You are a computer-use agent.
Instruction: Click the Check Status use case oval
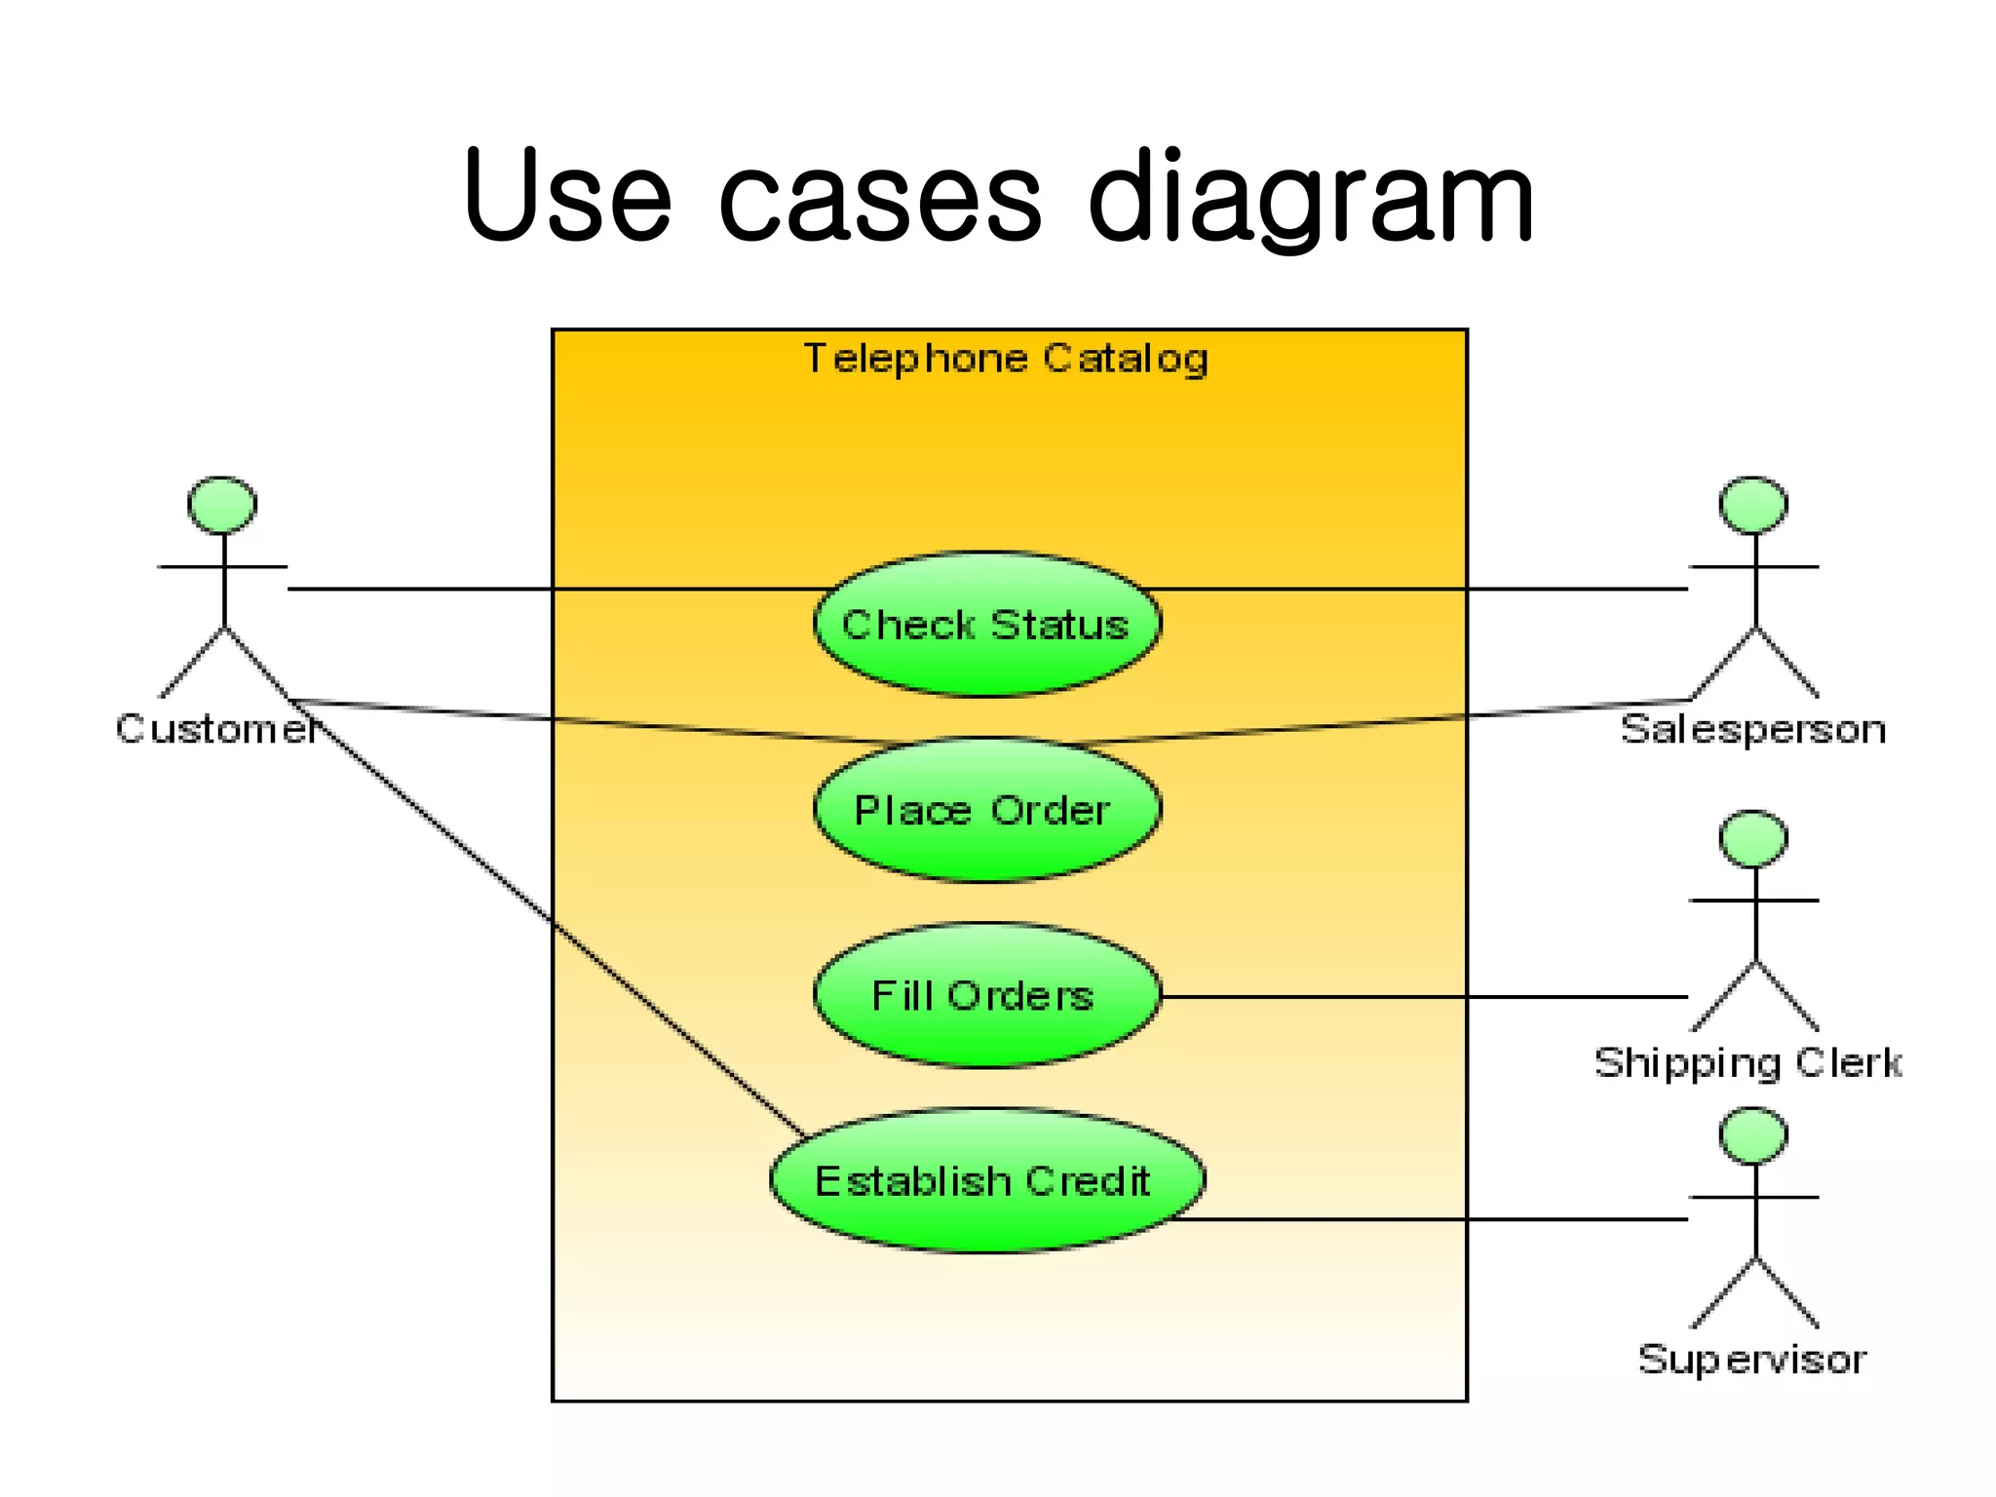click(x=986, y=625)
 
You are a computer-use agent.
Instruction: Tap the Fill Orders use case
click(x=986, y=996)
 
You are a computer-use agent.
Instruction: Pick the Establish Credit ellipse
click(x=986, y=1181)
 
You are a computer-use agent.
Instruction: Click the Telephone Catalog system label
click(x=1006, y=359)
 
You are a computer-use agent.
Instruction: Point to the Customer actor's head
click(x=222, y=505)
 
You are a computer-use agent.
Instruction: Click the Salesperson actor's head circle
click(x=1753, y=505)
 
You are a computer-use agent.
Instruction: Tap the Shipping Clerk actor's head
click(x=1753, y=838)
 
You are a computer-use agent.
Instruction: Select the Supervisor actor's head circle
click(x=1753, y=1135)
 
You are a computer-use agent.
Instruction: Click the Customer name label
click(x=216, y=729)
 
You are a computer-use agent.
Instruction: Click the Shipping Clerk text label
click(x=1747, y=1063)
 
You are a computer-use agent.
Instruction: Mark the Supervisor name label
click(x=1751, y=1360)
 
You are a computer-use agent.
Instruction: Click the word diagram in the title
click(x=1310, y=200)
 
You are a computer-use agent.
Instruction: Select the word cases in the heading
click(x=879, y=200)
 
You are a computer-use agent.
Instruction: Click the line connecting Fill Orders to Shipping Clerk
click(x=1423, y=997)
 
